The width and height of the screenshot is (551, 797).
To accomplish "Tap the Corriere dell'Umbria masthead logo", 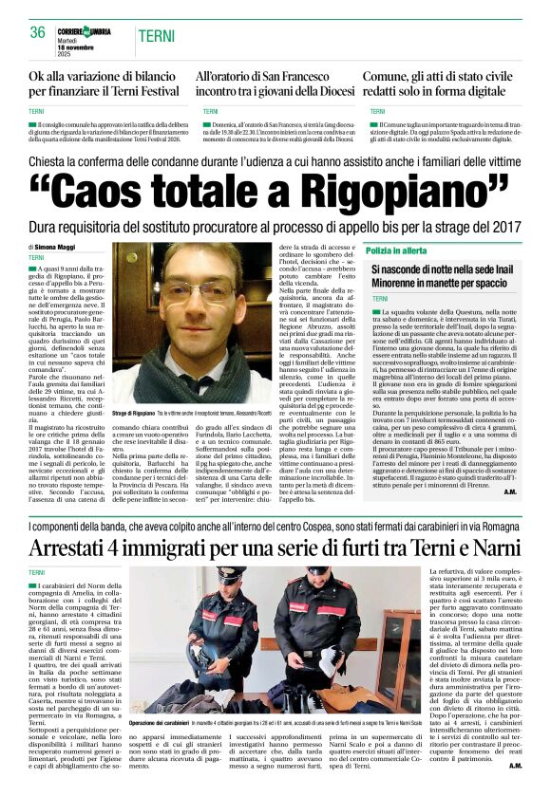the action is (x=88, y=31).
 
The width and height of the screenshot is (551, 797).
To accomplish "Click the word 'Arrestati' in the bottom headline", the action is (x=81, y=547).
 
